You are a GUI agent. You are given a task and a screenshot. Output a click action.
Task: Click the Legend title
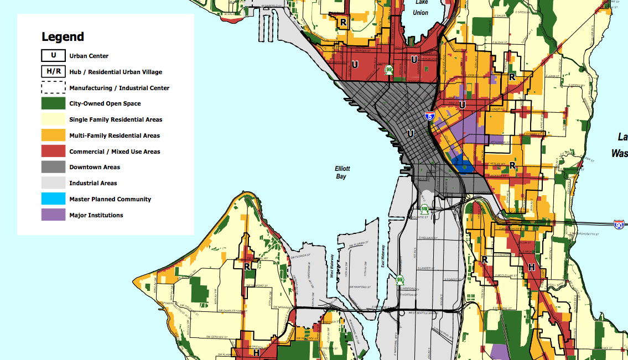point(63,37)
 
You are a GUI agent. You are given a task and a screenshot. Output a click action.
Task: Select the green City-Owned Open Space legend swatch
point(53,103)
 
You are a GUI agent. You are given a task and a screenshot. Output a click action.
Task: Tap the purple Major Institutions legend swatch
point(53,215)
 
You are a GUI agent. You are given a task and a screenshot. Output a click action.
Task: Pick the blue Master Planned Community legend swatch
point(53,199)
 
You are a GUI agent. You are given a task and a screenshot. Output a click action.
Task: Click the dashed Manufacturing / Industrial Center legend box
point(53,87)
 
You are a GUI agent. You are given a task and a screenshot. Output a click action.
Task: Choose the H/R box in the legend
point(53,72)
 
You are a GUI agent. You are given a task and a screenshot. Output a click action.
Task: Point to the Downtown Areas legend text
point(95,167)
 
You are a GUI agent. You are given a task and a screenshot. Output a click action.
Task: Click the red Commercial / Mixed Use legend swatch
point(53,152)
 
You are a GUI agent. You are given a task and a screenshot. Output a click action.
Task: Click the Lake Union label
point(421,8)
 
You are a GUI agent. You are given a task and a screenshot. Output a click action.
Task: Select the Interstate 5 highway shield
point(429,116)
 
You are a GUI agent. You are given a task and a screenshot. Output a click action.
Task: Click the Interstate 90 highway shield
point(620,225)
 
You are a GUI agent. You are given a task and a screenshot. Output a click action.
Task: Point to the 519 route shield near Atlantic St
point(424,209)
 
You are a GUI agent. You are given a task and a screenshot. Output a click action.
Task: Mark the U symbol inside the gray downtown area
point(410,133)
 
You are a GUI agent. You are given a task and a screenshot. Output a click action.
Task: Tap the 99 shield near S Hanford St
point(399,280)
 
